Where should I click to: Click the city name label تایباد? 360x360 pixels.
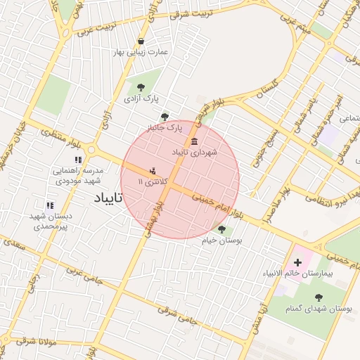point(108,198)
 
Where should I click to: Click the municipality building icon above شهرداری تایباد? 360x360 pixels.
point(194,141)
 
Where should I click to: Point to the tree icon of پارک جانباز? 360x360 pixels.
point(165,117)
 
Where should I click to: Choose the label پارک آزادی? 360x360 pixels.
point(141,98)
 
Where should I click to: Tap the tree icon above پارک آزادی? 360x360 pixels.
point(141,87)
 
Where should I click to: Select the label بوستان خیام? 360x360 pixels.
point(222,240)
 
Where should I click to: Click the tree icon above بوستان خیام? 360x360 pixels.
point(222,229)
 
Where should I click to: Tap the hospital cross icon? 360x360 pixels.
point(297,262)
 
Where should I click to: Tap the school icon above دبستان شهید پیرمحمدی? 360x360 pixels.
point(49,205)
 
